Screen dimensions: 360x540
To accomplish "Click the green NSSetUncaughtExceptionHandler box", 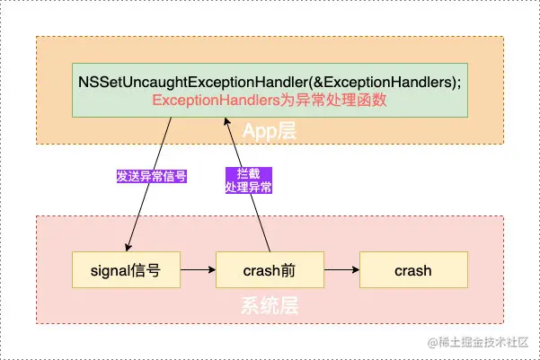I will [270, 91].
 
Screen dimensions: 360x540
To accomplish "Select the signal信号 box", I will [126, 269].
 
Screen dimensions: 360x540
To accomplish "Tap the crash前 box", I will [270, 269].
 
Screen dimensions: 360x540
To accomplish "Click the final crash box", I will [413, 269].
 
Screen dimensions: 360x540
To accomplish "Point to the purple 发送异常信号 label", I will [151, 176].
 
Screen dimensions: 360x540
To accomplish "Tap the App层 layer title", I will [270, 132].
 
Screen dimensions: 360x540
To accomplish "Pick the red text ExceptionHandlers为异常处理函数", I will [270, 101].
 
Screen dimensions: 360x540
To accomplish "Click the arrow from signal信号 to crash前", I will [198, 269].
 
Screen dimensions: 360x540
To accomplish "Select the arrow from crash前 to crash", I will [341, 269].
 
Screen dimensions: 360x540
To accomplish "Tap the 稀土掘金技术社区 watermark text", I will [485, 343].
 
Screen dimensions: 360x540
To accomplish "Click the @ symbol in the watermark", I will [432, 343].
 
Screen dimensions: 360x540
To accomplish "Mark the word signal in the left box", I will [111, 269].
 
